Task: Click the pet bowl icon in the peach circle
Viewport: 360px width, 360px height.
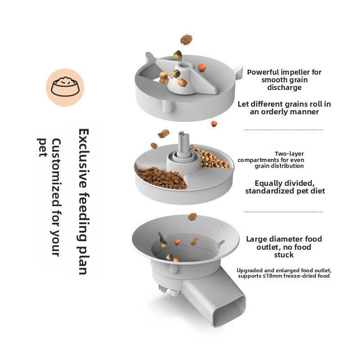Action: click(x=65, y=87)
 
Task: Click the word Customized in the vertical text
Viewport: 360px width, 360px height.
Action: click(x=57, y=167)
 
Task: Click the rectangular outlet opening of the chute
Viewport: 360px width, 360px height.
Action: click(x=229, y=310)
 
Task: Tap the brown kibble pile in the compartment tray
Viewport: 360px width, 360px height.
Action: click(x=162, y=178)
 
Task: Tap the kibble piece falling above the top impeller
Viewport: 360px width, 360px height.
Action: click(x=185, y=40)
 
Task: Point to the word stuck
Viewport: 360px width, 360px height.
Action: click(x=284, y=255)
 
